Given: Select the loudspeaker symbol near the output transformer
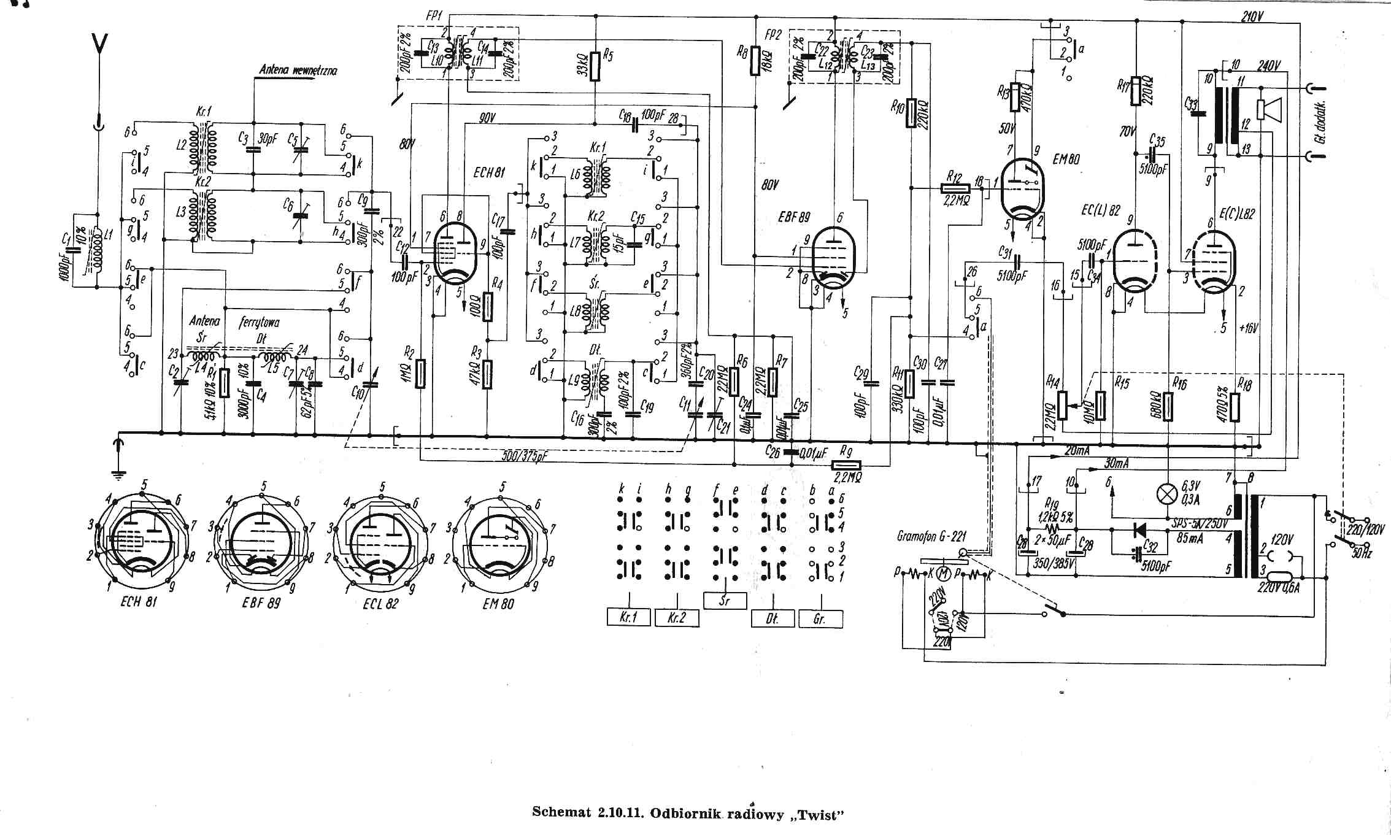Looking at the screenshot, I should pyautogui.click(x=1270, y=109).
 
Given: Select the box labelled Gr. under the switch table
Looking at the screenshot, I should pyautogui.click(x=820, y=618).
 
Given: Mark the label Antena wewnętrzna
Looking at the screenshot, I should pyautogui.click(x=298, y=71).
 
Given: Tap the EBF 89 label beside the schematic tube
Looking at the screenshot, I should pyautogui.click(x=795, y=218).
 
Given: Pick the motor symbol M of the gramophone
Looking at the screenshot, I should pyautogui.click(x=945, y=574).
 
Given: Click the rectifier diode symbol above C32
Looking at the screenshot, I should pyautogui.click(x=1140, y=529).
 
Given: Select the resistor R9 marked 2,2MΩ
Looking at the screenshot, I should pyautogui.click(x=845, y=465).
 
